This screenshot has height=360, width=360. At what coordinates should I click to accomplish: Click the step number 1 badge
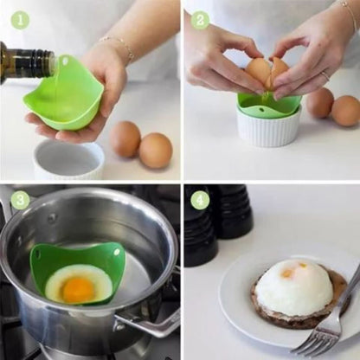tap(20, 20)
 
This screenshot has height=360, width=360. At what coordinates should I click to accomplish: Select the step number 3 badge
tap(20, 200)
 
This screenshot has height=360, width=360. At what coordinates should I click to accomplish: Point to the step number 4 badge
tap(200, 200)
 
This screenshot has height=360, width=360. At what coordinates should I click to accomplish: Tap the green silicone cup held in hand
tap(65, 93)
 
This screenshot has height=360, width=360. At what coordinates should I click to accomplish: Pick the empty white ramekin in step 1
tap(68, 159)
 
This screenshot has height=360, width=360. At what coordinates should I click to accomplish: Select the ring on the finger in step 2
tap(325, 75)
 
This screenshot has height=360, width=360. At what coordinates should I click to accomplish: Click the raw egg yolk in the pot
tap(78, 289)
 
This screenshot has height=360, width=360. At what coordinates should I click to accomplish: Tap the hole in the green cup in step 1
tap(66, 61)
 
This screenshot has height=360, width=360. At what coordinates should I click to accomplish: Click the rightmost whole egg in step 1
tap(156, 151)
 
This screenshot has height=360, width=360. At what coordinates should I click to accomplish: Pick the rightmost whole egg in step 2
tap(345, 111)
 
